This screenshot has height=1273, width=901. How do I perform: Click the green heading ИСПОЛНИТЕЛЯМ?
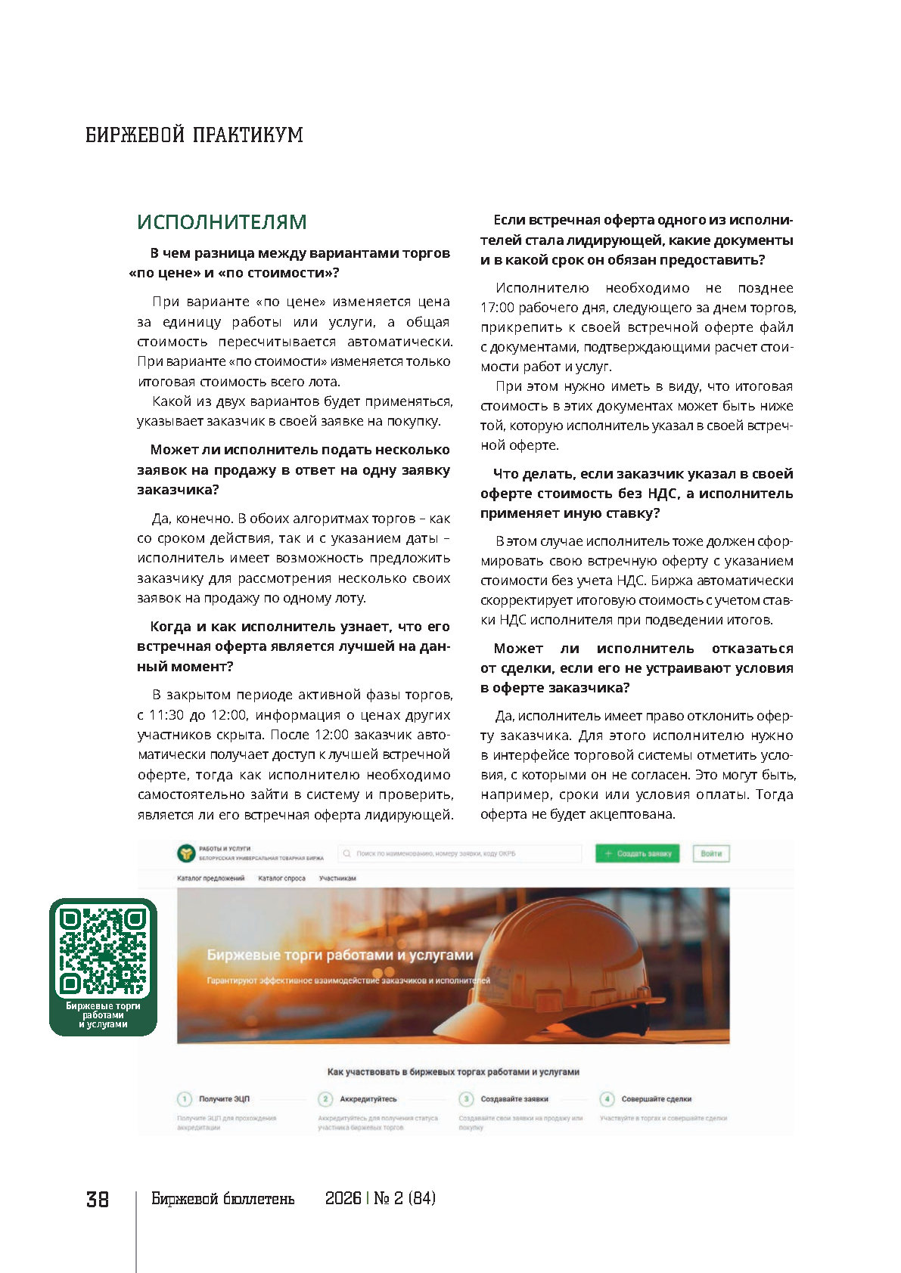[x=222, y=222]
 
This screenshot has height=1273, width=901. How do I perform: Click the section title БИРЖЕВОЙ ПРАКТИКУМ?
[x=194, y=135]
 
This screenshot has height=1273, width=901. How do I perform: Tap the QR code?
[x=103, y=950]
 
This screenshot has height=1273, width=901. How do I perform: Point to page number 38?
[x=98, y=1200]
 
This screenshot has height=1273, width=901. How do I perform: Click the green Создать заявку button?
[x=638, y=853]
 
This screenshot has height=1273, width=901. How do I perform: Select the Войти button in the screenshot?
[x=711, y=853]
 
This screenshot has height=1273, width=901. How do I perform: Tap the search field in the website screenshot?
[x=459, y=853]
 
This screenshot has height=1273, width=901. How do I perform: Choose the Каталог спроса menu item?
[x=281, y=878]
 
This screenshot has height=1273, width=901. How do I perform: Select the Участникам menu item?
[x=337, y=878]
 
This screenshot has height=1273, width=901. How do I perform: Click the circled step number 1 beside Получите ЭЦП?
[x=184, y=1098]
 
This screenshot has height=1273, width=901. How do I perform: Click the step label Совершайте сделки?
[x=656, y=1099]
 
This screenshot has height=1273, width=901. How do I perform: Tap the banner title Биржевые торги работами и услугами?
[x=340, y=956]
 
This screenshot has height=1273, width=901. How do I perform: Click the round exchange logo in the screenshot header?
[x=186, y=853]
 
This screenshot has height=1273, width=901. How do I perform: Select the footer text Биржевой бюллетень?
[x=223, y=1199]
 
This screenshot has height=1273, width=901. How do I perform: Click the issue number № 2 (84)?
[x=405, y=1199]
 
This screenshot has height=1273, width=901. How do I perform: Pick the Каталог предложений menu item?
[x=211, y=878]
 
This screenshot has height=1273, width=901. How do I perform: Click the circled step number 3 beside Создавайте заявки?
[x=466, y=1098]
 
